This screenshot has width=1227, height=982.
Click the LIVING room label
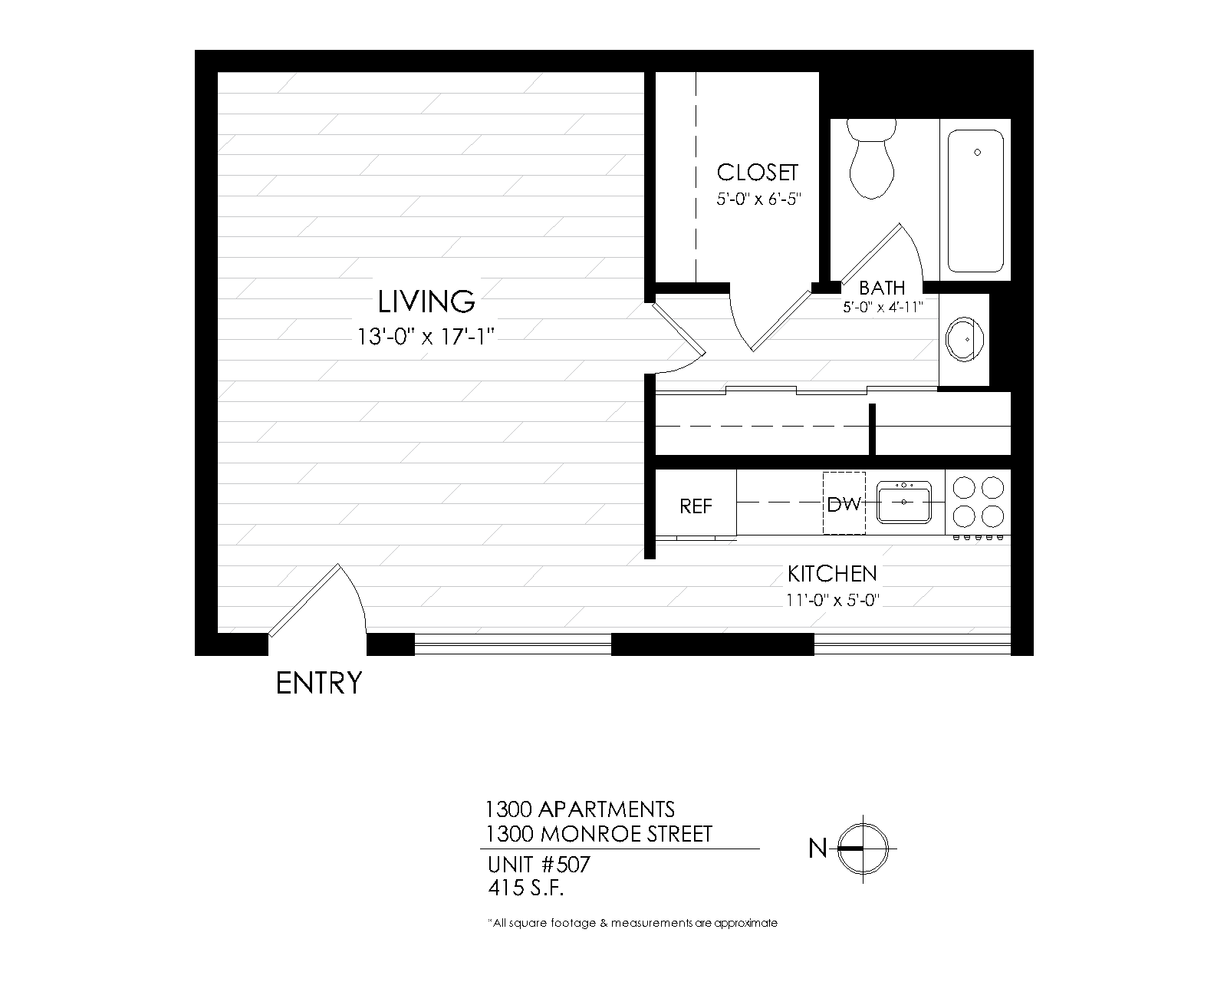426,302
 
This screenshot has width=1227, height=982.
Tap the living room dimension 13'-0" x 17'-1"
426,337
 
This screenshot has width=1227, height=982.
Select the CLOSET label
757,173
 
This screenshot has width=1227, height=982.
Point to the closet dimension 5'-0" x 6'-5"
759,199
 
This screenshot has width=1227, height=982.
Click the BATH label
882,288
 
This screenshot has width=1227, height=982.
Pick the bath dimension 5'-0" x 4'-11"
883,308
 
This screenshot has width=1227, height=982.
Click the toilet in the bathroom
871,159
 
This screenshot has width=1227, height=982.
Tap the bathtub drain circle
977,153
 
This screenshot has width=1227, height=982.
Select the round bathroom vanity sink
964,340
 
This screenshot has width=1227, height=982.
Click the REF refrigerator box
696,503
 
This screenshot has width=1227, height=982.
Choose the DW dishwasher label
844,504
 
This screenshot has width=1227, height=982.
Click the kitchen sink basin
903,503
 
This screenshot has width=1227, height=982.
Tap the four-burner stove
978,503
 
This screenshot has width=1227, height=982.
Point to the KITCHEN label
833,574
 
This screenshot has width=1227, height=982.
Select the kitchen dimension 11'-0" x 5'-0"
833,600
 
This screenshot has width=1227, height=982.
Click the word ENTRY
319,683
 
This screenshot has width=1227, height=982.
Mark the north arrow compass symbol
864,849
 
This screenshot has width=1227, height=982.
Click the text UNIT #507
539,865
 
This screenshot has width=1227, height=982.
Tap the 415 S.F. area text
526,888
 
